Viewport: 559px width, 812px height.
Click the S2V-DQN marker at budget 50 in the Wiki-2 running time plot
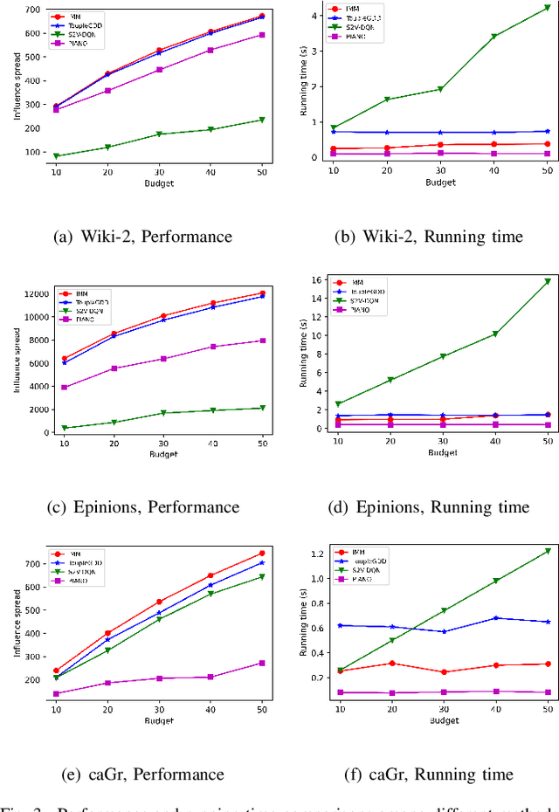[x=547, y=8]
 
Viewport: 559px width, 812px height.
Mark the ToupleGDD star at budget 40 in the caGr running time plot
[x=496, y=618]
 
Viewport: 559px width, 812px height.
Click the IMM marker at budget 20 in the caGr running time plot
[x=391, y=664]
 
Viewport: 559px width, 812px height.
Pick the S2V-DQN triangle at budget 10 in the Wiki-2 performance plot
[x=57, y=156]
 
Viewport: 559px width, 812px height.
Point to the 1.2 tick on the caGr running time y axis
[x=317, y=554]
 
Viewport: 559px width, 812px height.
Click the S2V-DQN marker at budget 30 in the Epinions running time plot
[x=443, y=356]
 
